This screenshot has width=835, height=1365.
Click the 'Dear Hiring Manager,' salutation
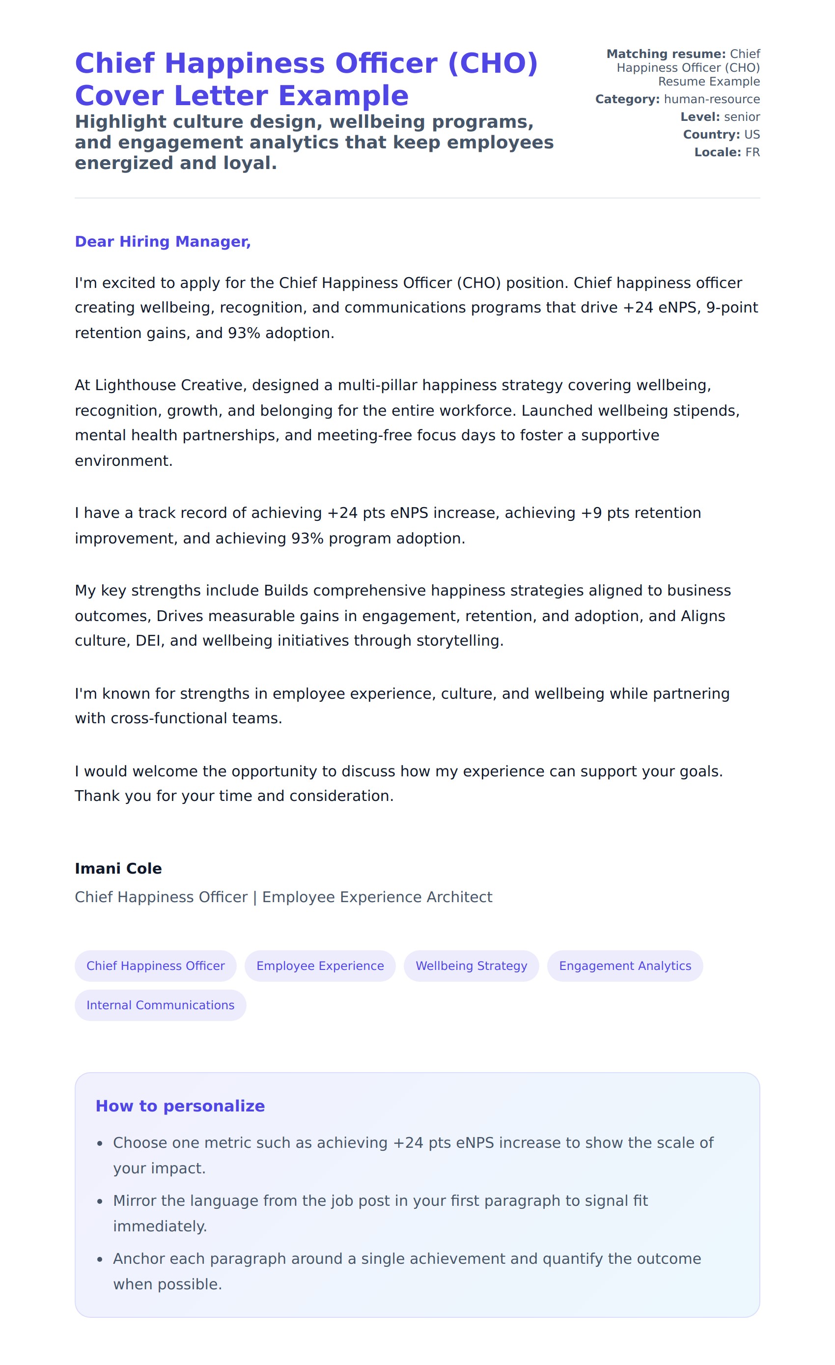(x=163, y=242)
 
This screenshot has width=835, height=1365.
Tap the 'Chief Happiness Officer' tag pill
(x=155, y=966)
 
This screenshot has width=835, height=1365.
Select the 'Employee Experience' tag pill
(x=320, y=966)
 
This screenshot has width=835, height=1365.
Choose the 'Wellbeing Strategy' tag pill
(x=471, y=966)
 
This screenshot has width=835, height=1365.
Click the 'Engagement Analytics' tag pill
(x=625, y=966)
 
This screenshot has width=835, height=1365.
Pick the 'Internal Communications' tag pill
(x=160, y=1005)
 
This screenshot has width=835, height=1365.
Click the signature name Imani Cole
(x=118, y=868)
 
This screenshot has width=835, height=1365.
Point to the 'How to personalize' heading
(x=180, y=1106)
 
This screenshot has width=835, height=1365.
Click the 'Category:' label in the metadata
(x=627, y=99)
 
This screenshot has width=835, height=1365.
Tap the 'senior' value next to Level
(x=742, y=117)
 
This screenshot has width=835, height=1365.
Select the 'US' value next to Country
(x=752, y=135)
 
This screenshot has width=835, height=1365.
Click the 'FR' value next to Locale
(x=752, y=152)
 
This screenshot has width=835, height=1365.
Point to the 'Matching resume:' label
(x=666, y=54)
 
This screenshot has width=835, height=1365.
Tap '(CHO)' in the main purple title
(x=492, y=63)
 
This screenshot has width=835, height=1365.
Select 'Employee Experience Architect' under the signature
(x=377, y=897)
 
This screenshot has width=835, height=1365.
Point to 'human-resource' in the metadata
(x=712, y=99)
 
